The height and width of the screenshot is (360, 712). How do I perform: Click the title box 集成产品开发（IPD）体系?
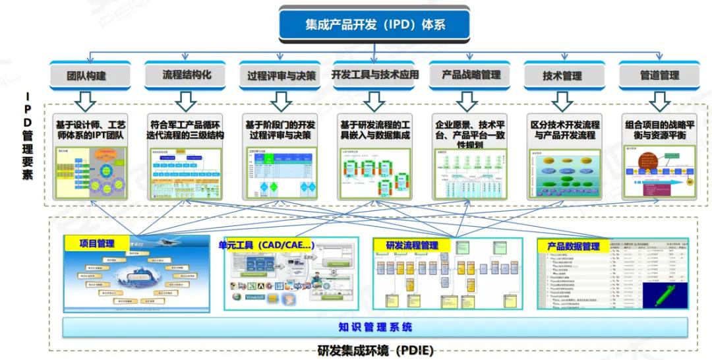(x=374, y=25)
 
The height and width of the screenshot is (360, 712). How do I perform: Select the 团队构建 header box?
(x=87, y=76)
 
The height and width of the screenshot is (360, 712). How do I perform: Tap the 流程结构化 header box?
(x=187, y=75)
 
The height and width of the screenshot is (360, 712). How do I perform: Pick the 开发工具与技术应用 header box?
(x=374, y=75)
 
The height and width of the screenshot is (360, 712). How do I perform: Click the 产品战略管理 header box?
(x=471, y=75)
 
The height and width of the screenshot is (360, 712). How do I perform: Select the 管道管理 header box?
(x=659, y=76)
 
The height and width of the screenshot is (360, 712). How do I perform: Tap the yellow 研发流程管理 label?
(x=412, y=245)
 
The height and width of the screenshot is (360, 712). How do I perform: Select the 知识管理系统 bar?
(x=374, y=327)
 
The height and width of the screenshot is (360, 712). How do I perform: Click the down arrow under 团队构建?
(x=86, y=101)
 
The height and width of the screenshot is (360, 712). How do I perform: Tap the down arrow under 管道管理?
(x=659, y=101)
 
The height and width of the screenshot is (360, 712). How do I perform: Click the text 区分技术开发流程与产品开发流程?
(x=564, y=129)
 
